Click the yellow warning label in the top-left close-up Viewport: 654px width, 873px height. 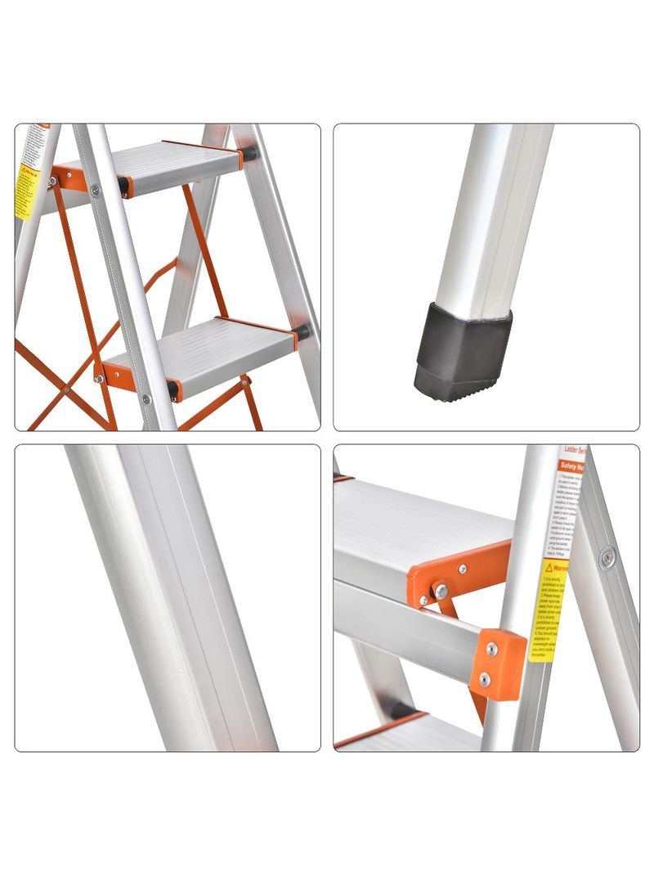(25, 191)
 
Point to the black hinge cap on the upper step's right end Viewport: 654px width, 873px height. (249, 152)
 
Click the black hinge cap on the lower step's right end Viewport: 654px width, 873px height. (302, 332)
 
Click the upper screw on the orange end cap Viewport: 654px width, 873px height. (491, 650)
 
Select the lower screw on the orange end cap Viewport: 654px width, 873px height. (485, 679)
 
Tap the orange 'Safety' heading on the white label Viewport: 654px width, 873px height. (570, 464)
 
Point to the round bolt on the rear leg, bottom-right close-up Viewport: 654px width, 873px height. (607, 559)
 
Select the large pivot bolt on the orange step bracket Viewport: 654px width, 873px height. (441, 590)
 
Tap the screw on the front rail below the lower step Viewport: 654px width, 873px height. (146, 399)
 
